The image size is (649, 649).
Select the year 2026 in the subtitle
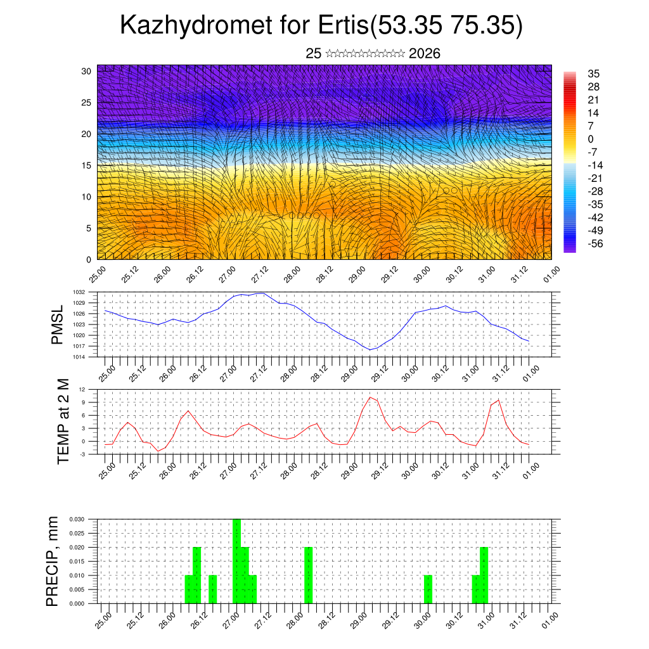(x=425, y=53)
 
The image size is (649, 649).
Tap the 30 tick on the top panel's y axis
(x=86, y=71)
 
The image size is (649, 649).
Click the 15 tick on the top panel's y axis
(x=86, y=165)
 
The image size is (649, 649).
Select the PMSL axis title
(x=57, y=324)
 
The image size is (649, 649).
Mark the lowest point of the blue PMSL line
(x=370, y=350)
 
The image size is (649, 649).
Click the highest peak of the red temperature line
(x=370, y=397)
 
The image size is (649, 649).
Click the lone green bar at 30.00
(x=428, y=589)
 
